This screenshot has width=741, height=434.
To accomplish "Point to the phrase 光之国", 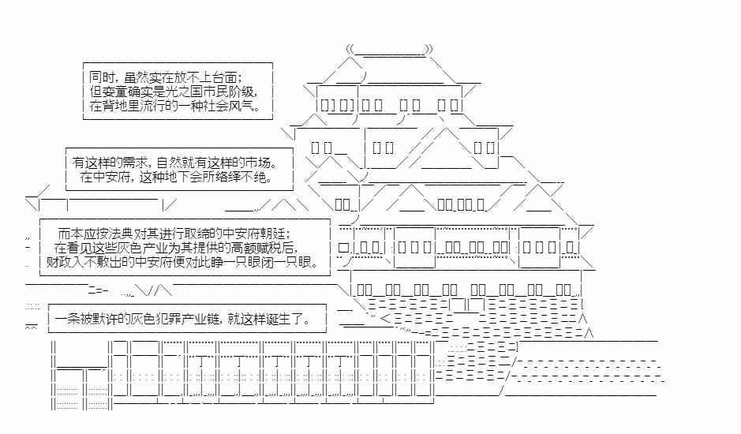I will click(187, 92).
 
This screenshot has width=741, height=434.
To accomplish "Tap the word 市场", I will click(259, 163).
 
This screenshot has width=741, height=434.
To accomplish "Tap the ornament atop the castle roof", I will click(391, 51).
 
